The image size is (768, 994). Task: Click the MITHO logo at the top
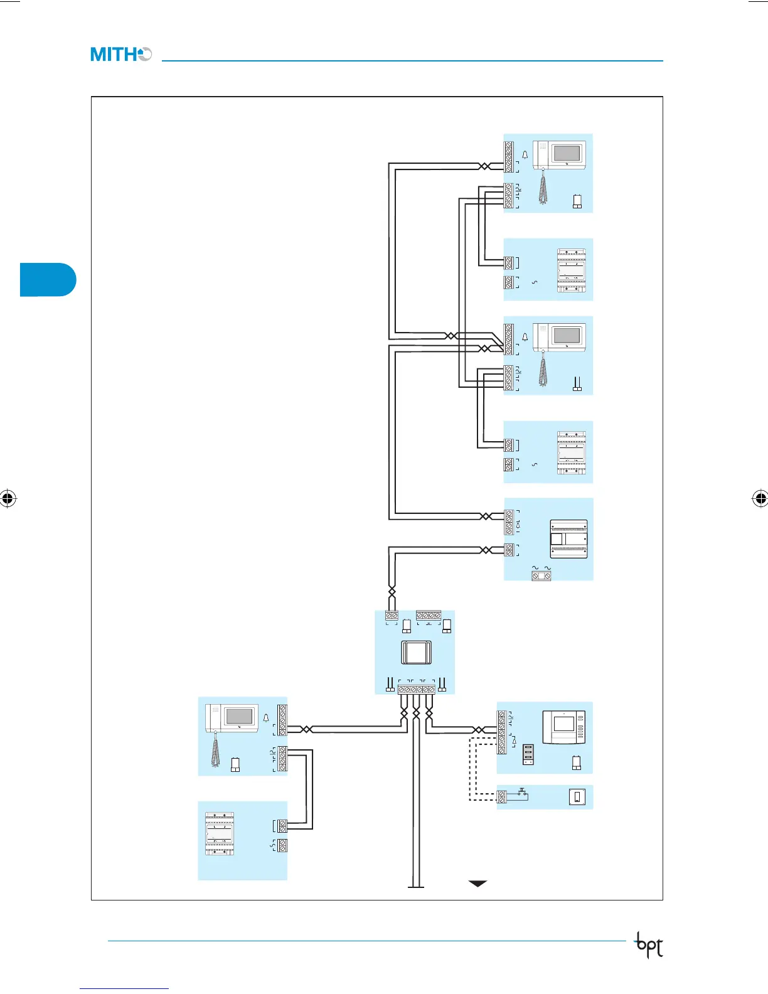pyautogui.click(x=120, y=55)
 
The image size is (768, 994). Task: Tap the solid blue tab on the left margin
pyautogui.click(x=48, y=279)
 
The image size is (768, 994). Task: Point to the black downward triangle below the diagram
pyautogui.click(x=477, y=884)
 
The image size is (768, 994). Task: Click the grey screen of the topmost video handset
pyautogui.click(x=567, y=153)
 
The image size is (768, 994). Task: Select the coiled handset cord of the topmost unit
pyautogui.click(x=543, y=188)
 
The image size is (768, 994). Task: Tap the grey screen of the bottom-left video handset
pyautogui.click(x=240, y=716)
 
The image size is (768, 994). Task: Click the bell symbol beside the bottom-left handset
pyautogui.click(x=266, y=718)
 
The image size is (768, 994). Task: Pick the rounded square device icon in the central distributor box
pyautogui.click(x=415, y=653)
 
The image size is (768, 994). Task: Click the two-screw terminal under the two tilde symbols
pyautogui.click(x=541, y=575)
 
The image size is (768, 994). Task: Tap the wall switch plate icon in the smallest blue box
pyautogui.click(x=577, y=797)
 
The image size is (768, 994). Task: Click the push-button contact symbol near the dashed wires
pyautogui.click(x=521, y=794)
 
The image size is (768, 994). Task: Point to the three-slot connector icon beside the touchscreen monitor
pyautogui.click(x=528, y=754)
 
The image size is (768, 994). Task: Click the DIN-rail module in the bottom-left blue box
pyautogui.click(x=220, y=834)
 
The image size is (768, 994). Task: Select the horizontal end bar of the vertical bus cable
pyautogui.click(x=416, y=887)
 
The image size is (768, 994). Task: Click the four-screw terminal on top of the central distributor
pyautogui.click(x=429, y=616)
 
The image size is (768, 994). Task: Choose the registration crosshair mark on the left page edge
pyautogui.click(x=8, y=499)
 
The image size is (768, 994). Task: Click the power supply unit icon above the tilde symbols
pyautogui.click(x=569, y=539)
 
